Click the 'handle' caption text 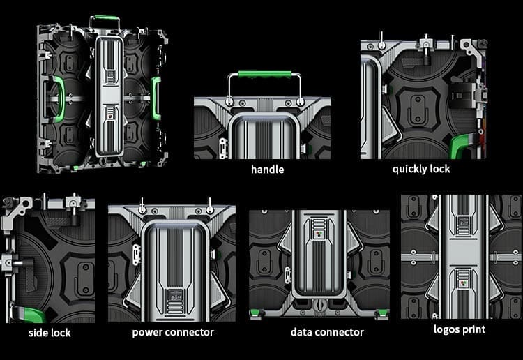(x=267, y=170)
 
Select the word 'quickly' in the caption (x=409, y=169)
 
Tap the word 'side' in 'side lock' (x=38, y=333)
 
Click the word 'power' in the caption (x=147, y=332)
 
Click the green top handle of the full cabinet (x=105, y=17)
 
